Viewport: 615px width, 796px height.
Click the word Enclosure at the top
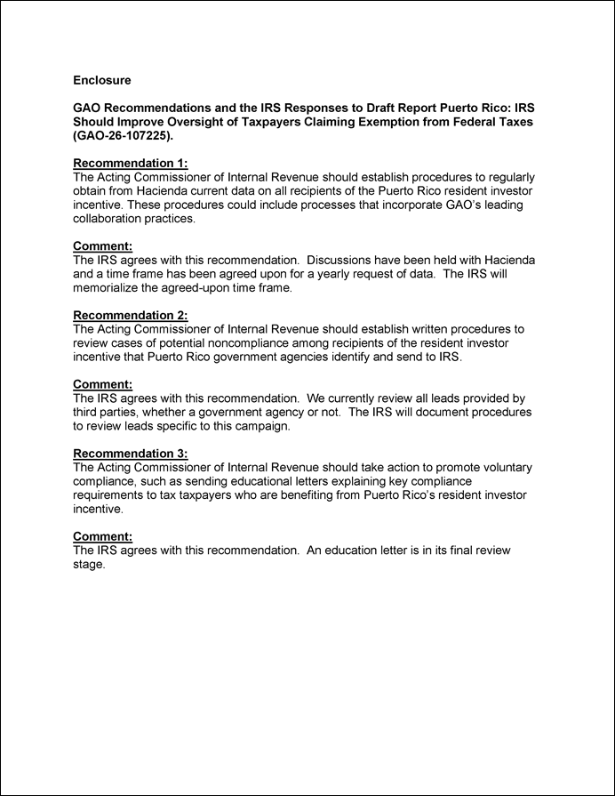pos(101,80)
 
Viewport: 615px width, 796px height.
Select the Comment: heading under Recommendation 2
pos(102,384)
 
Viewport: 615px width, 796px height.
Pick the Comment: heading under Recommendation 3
pos(102,536)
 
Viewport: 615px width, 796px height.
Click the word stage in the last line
pos(88,564)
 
